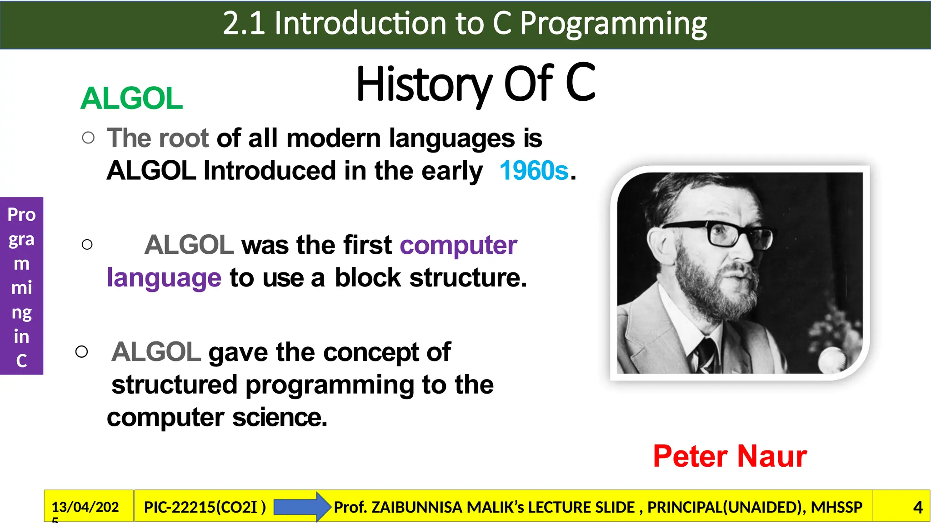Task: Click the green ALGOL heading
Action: coord(131,98)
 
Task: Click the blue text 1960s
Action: coord(534,171)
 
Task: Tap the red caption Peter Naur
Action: coord(730,456)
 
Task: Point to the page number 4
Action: coord(918,507)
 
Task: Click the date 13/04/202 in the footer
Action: coord(85,507)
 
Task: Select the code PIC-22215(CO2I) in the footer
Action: coord(205,507)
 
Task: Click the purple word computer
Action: coord(458,245)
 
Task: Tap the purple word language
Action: coord(164,278)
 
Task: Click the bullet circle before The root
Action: coord(88,138)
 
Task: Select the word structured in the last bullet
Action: coord(174,385)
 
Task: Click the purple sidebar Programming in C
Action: coord(21,286)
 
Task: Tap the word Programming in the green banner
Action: coord(613,24)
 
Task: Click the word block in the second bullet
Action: coord(368,278)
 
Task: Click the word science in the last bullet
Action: coord(279,418)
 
